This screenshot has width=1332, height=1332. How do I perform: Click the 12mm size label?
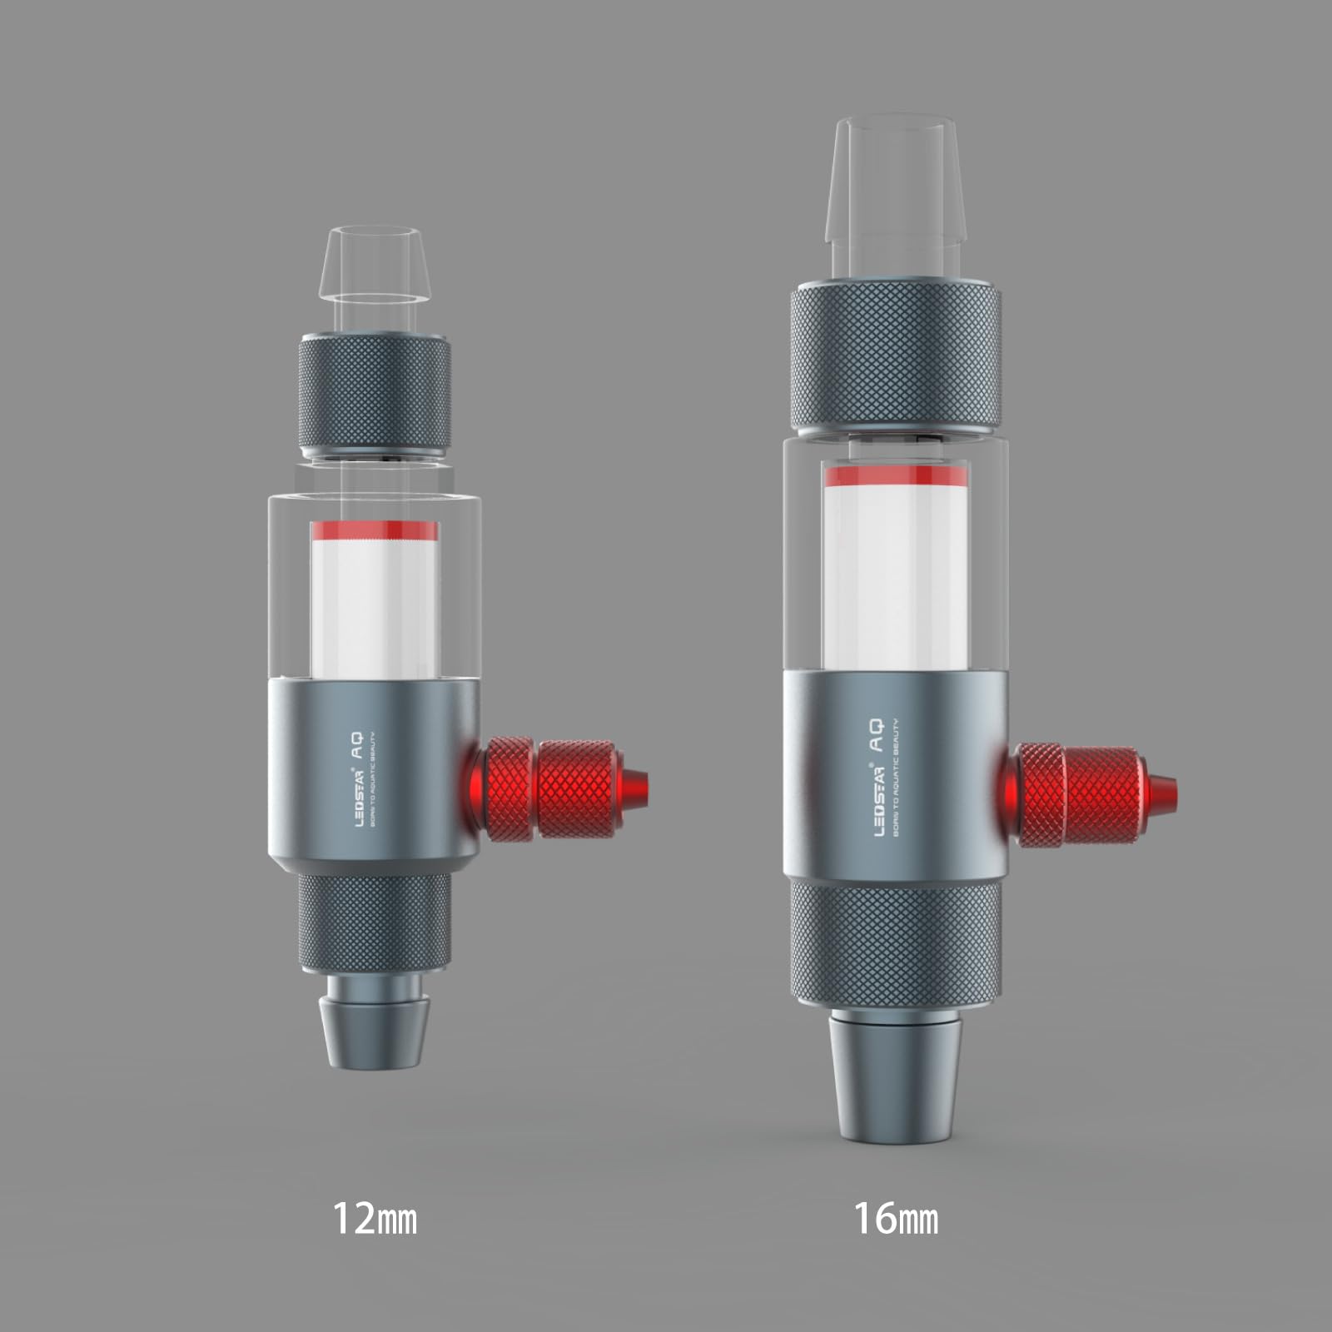(x=375, y=1218)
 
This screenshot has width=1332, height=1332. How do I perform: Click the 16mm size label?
(x=896, y=1218)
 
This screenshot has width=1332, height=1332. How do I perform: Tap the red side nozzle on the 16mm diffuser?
(x=1091, y=794)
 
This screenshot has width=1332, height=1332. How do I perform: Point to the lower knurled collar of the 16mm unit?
(x=894, y=945)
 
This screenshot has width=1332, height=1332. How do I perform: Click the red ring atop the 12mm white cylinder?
(x=375, y=530)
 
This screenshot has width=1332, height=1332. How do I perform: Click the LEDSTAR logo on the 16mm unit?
(x=879, y=799)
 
